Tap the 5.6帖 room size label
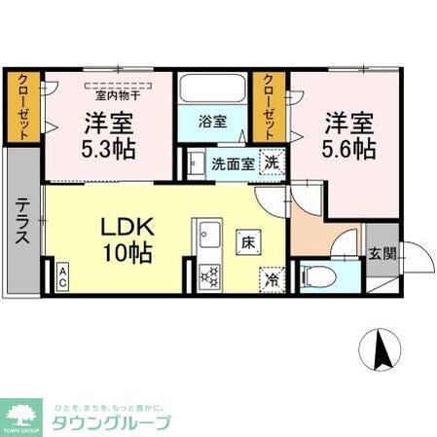[x=349, y=151]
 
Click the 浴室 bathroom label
[x=212, y=123]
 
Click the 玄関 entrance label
[x=382, y=254]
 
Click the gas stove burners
[x=209, y=274]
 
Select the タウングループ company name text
[x=113, y=423]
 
